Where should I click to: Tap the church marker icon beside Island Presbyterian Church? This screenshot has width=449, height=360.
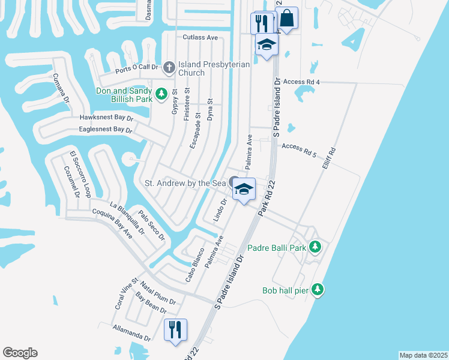[x=169, y=67]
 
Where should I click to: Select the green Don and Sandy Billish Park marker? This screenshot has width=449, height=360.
[x=161, y=94]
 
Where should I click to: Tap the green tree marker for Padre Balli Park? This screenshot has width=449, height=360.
[x=315, y=247]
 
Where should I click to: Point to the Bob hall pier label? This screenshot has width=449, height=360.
[x=285, y=290]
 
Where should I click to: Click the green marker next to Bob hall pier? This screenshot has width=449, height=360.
[x=318, y=290]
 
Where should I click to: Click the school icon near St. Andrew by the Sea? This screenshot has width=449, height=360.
[x=243, y=190]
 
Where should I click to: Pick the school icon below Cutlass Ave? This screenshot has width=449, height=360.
[x=267, y=44]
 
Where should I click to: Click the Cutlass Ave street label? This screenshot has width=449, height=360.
[x=200, y=37]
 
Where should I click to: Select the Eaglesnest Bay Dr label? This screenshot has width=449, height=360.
[x=106, y=129]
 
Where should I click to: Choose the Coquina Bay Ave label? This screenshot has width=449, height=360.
[x=112, y=224]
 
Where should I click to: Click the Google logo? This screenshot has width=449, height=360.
[x=20, y=353]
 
